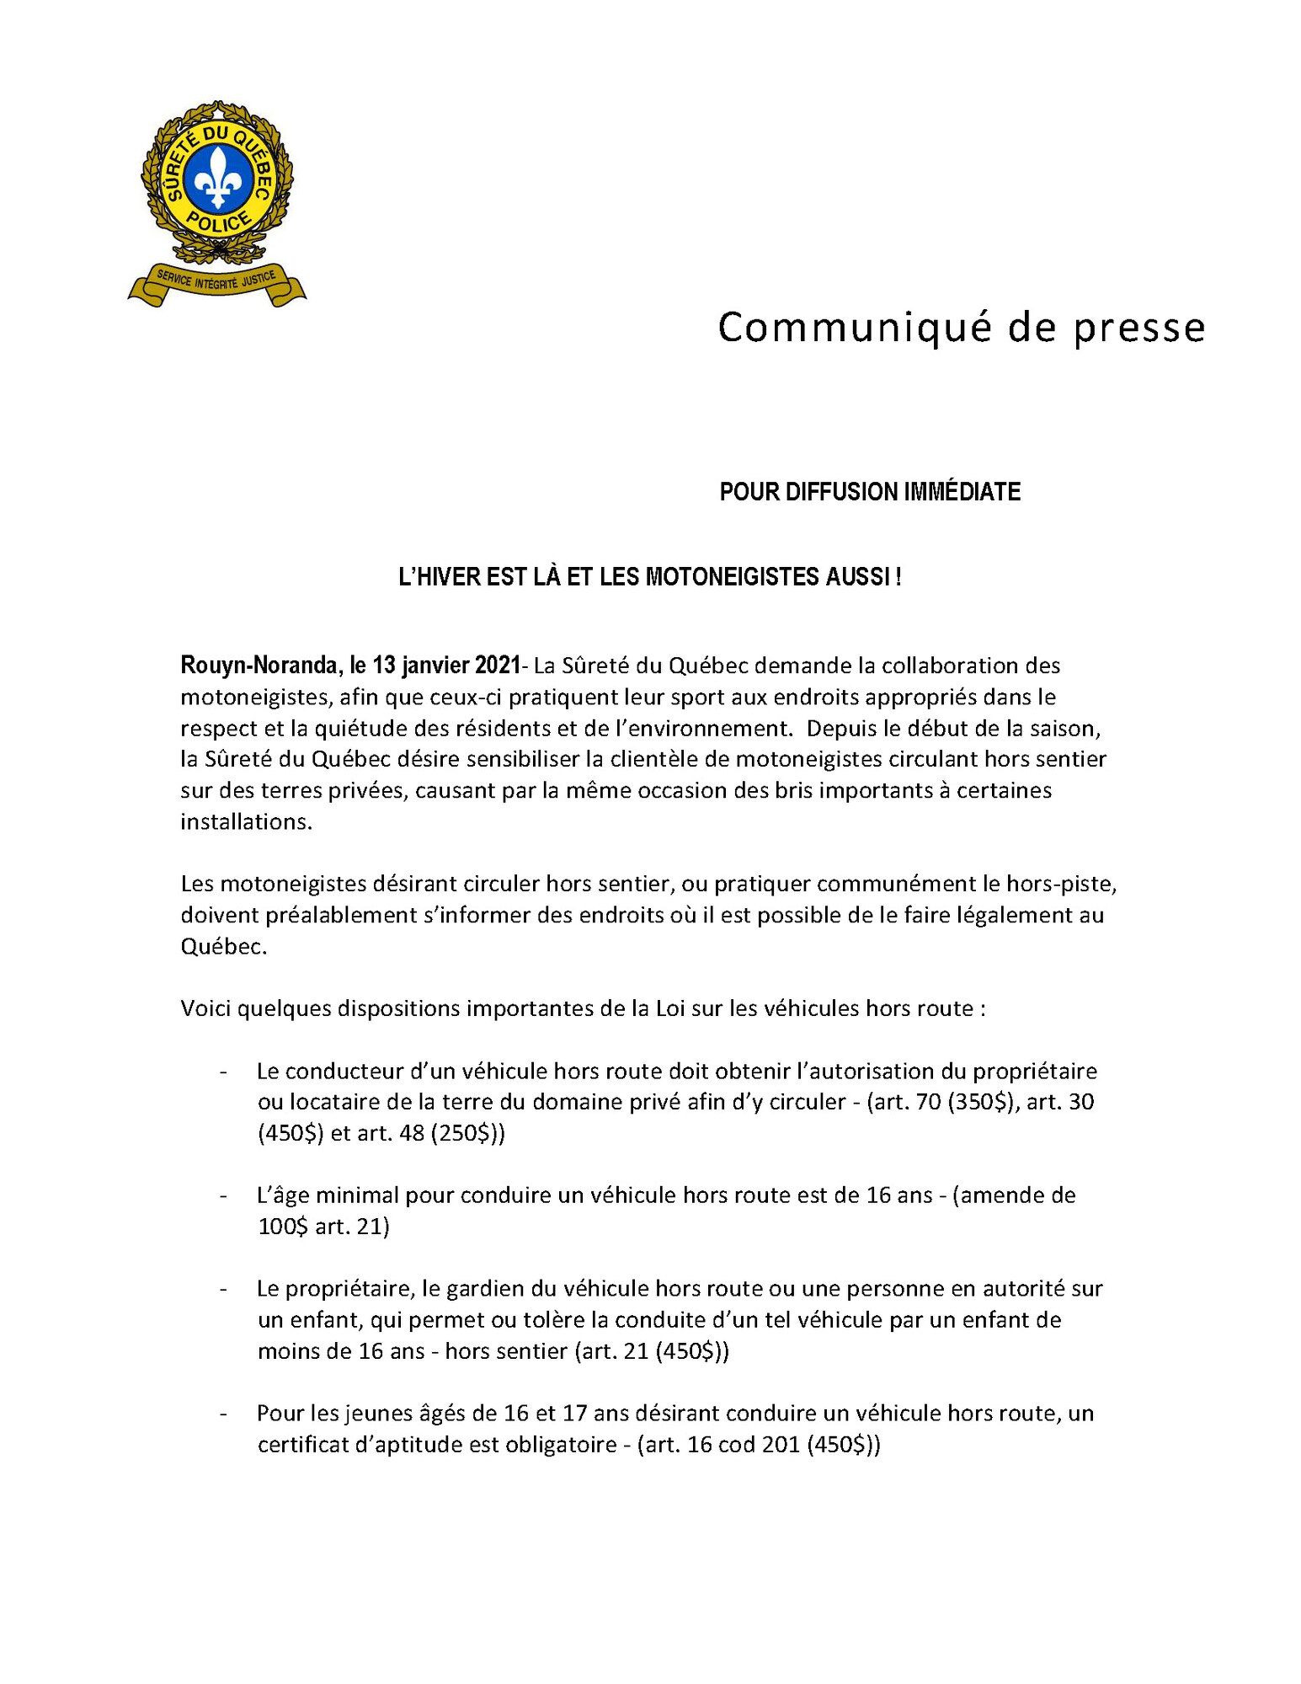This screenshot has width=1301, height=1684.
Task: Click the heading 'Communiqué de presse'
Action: point(961,328)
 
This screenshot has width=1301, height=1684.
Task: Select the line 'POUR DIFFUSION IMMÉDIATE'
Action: point(869,492)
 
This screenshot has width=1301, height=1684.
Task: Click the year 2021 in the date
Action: point(498,666)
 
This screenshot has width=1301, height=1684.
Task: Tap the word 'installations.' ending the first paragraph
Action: point(246,822)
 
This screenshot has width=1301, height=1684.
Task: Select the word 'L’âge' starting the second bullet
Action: point(283,1196)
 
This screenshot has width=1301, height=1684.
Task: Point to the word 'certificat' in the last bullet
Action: point(298,1446)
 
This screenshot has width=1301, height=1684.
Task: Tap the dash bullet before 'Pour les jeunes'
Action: point(223,1414)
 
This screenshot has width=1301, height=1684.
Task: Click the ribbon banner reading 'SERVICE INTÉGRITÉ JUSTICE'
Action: point(216,281)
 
